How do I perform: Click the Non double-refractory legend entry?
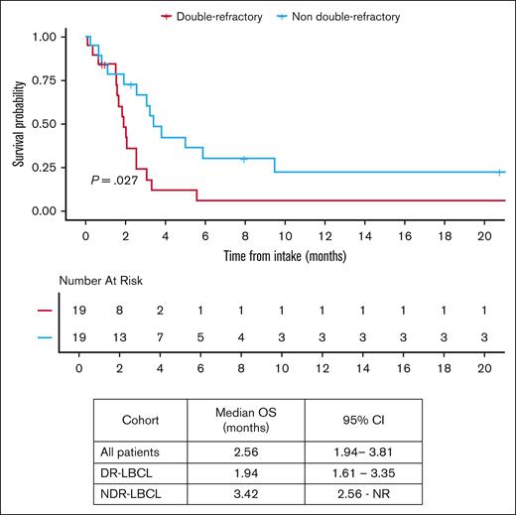[339, 16]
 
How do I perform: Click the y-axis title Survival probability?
[19, 122]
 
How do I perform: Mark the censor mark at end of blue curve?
[499, 173]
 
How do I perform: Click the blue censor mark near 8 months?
[244, 158]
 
